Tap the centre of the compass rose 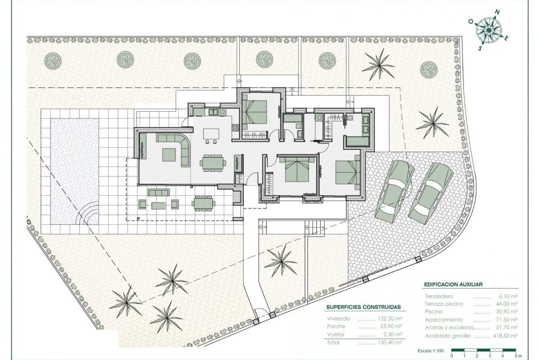point(489,30)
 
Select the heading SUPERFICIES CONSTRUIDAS point(364,307)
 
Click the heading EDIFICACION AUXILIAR point(454,284)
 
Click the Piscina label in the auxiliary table point(434,311)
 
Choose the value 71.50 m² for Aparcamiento point(506,320)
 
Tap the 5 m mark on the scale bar point(516,356)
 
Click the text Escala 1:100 point(431,351)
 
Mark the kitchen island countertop point(211,134)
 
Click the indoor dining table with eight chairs point(212,163)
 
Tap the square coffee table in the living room point(169,155)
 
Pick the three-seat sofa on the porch point(158,193)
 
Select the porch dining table point(203,203)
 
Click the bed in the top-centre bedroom point(255,112)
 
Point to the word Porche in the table point(336,326)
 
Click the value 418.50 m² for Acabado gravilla point(504,335)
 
